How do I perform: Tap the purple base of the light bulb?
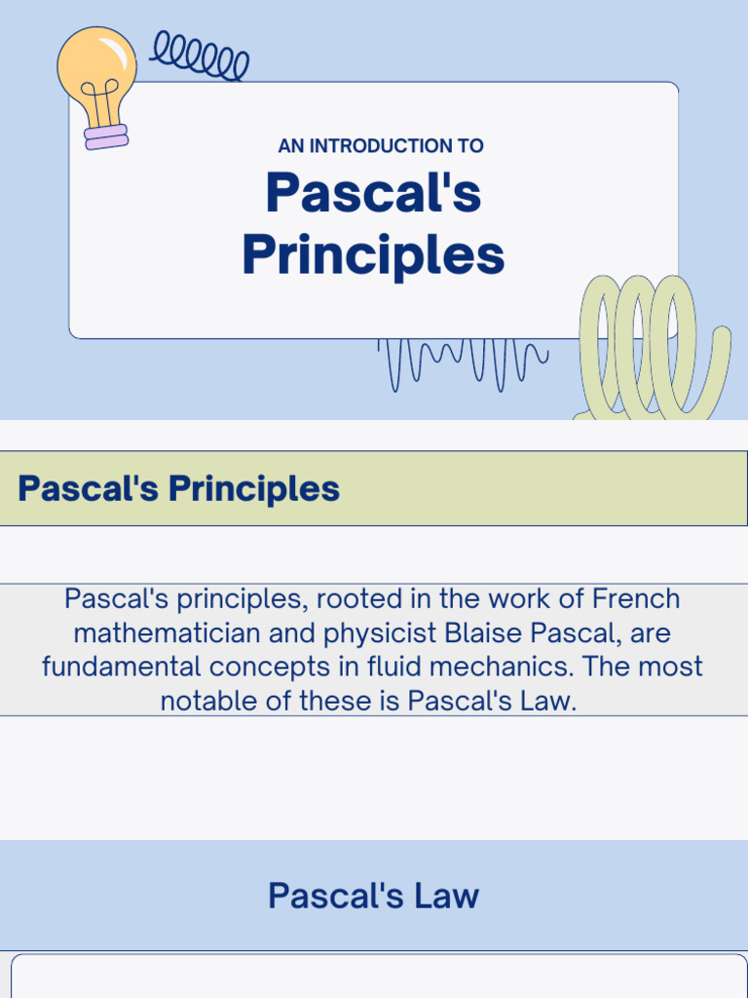pyautogui.click(x=106, y=137)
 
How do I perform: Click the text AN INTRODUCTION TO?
pyautogui.click(x=381, y=146)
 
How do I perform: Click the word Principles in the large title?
pyautogui.click(x=373, y=254)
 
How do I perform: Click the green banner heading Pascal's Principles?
pyautogui.click(x=179, y=488)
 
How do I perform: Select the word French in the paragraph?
pyautogui.click(x=636, y=598)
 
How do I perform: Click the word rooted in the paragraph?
pyautogui.click(x=351, y=598)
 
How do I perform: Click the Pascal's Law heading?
pyautogui.click(x=373, y=896)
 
